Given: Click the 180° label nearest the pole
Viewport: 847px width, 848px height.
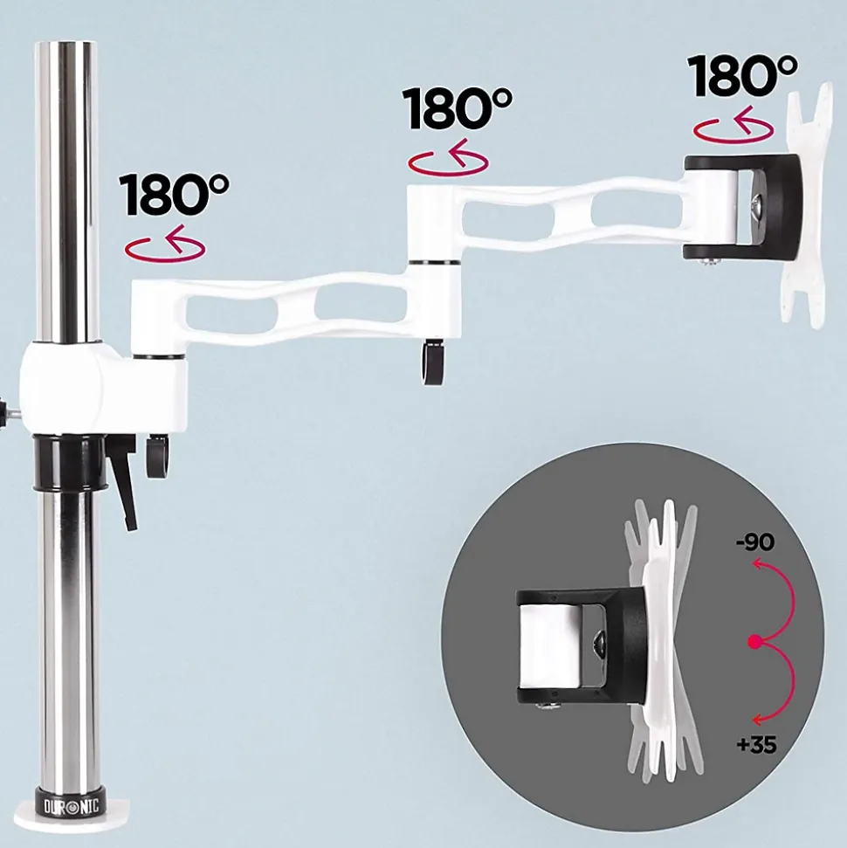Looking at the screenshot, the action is [x=174, y=194].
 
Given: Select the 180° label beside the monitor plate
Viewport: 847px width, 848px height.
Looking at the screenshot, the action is [x=742, y=75].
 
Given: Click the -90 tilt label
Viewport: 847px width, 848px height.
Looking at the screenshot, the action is [x=755, y=541].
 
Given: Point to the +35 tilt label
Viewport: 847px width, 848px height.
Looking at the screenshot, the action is [x=756, y=745].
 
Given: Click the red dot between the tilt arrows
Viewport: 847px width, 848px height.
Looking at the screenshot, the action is [x=755, y=642].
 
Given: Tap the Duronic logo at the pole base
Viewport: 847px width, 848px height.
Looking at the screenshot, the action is [x=72, y=807].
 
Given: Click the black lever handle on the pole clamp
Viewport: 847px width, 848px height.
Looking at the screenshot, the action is [x=123, y=488].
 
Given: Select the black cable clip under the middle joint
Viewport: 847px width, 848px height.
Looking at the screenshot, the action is [x=433, y=362].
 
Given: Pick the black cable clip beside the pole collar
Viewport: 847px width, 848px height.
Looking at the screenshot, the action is [x=157, y=456].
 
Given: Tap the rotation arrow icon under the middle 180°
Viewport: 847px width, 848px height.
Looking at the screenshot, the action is [x=448, y=158].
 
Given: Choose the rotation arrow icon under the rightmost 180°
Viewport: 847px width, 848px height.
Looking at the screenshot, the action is [x=733, y=126].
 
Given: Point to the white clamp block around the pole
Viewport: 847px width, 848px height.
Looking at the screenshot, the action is [x=103, y=384].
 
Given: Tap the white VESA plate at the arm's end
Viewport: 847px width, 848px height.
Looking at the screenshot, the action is [x=806, y=205].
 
